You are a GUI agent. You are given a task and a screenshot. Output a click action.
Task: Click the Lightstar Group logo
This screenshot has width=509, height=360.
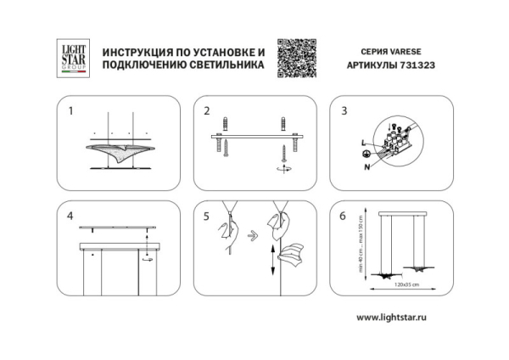(72, 58)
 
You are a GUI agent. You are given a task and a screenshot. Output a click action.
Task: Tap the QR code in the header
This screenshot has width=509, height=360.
(297, 59)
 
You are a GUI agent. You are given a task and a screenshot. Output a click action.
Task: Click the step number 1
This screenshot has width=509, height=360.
(71, 111)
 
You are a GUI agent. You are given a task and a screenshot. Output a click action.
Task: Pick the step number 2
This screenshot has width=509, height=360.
(207, 111)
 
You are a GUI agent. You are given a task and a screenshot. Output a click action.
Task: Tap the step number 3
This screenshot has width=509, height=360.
(344, 111)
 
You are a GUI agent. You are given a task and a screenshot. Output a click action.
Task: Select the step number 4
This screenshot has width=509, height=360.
(71, 216)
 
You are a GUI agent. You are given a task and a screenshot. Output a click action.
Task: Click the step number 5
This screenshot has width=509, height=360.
(207, 216)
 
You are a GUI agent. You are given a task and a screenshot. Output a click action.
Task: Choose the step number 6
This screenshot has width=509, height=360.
(344, 216)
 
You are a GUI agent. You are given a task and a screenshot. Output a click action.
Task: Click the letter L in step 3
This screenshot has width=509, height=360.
(364, 140)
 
